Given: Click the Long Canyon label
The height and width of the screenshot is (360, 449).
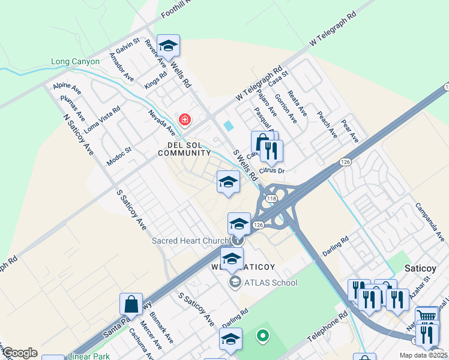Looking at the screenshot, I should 74,62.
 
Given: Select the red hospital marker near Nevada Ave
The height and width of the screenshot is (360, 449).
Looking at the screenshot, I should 185,120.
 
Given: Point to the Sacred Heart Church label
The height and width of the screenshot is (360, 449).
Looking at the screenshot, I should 190,241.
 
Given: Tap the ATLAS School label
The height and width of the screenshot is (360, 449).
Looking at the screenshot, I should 271,283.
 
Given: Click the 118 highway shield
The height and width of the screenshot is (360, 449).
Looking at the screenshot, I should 271,199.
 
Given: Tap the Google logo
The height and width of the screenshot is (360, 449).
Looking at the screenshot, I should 20,353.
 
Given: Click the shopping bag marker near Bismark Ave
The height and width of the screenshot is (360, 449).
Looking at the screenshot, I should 131,305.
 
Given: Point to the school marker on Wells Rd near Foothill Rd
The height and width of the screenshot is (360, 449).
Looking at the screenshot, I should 169,46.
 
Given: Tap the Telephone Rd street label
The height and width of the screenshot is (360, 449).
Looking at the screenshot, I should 327,326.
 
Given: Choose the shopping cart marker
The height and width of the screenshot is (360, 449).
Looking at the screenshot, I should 427,316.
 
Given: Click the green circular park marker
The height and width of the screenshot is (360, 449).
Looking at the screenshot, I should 262,336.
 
